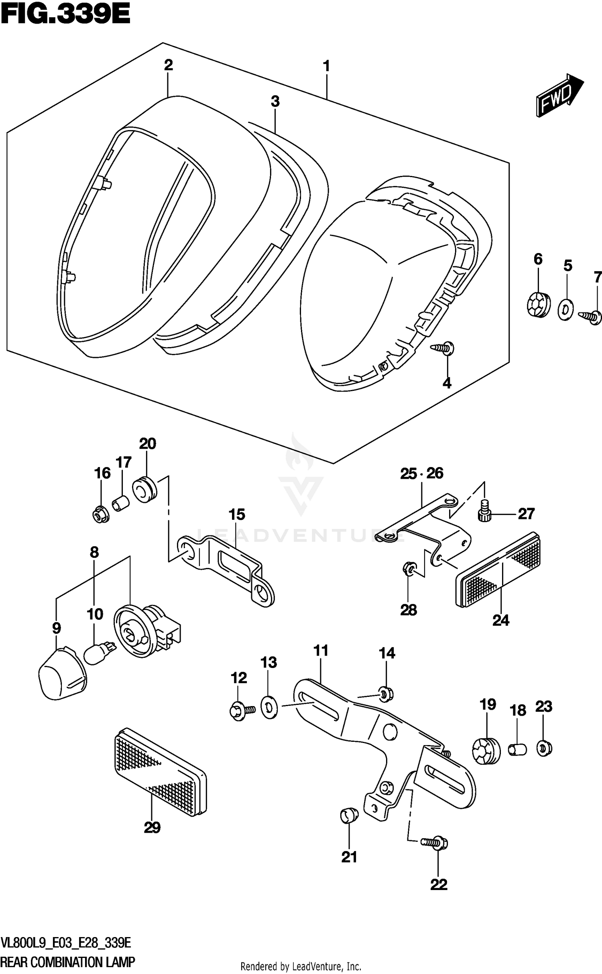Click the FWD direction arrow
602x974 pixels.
click(559, 96)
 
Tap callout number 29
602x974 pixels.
click(152, 827)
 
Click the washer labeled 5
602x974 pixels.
click(565, 309)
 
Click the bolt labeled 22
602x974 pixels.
click(435, 842)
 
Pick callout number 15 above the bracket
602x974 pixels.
click(237, 515)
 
